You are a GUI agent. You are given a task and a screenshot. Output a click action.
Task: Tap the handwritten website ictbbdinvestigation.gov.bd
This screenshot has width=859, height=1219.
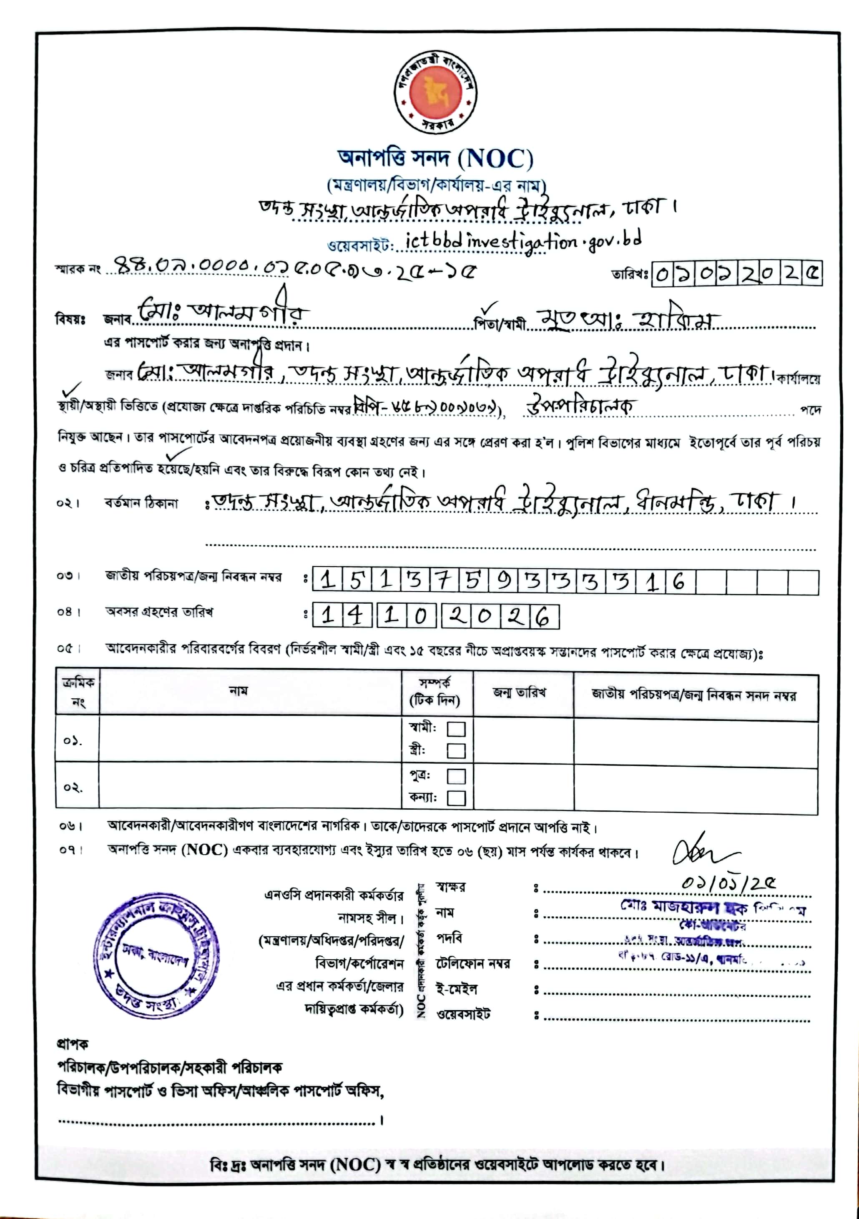[x=522, y=241]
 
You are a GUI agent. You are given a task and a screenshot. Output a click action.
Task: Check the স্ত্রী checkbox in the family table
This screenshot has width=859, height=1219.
[x=456, y=751]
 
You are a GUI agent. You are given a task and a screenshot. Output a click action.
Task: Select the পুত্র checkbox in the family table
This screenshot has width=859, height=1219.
[x=456, y=776]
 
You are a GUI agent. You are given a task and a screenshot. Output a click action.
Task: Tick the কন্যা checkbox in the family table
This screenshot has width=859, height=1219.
[x=456, y=798]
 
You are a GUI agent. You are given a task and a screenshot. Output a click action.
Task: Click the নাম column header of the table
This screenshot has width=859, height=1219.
[x=239, y=691]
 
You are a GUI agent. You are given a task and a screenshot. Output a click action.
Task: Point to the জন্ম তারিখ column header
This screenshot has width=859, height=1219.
[x=519, y=693]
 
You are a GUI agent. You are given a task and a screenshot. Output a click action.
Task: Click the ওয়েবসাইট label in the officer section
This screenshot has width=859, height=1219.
[x=463, y=1013]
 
